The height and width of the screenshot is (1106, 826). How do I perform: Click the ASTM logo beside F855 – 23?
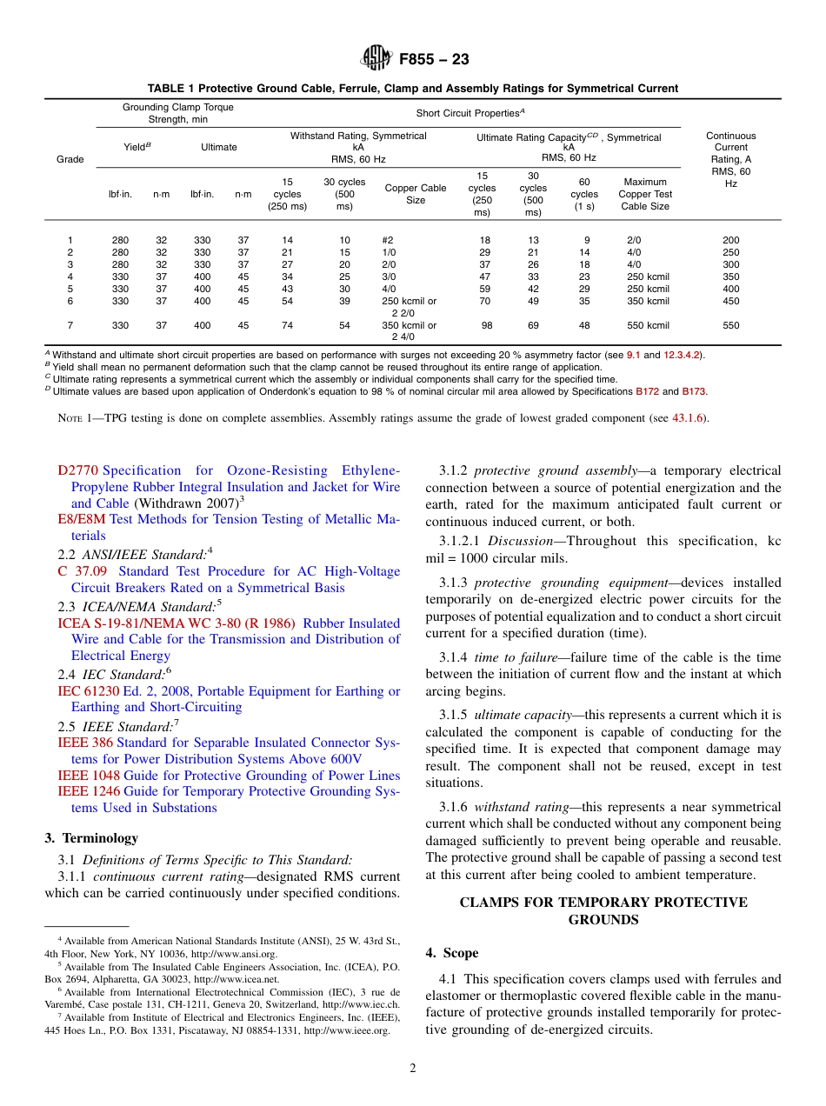coord(376,59)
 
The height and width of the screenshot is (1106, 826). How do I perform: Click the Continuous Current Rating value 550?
coord(730,325)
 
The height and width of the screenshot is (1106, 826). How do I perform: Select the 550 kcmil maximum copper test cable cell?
coord(648,325)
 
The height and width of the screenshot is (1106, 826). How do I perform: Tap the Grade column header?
coord(70,159)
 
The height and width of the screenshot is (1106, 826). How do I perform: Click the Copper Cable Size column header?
coord(416,194)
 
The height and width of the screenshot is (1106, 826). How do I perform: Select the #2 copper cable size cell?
coord(388,240)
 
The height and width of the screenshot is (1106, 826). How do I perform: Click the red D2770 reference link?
coord(77,470)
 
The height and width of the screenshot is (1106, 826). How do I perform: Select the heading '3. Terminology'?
coord(91,838)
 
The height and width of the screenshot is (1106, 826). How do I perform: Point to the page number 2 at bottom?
coord(413,1069)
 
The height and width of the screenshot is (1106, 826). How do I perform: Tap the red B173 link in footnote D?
coord(694,391)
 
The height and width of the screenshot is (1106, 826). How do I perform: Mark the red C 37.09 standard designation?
coord(83,571)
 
